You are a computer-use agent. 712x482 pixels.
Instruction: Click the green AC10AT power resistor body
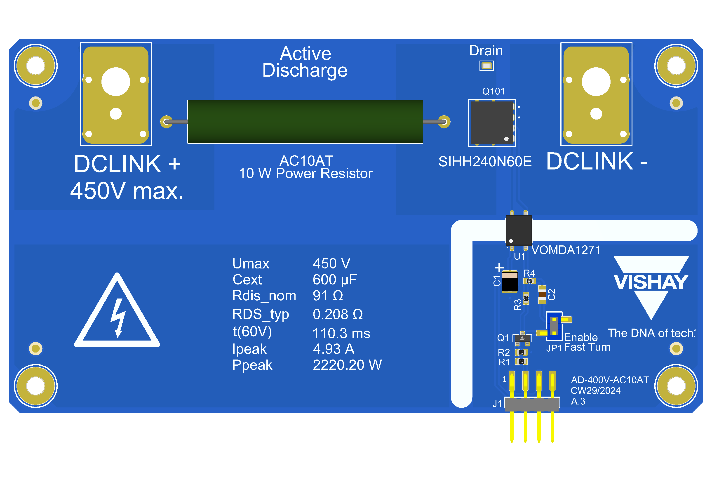(305, 122)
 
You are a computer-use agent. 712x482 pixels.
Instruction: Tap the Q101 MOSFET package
(492, 122)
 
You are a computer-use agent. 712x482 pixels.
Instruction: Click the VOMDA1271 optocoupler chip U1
(518, 230)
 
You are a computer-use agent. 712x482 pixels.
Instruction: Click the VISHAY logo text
(651, 282)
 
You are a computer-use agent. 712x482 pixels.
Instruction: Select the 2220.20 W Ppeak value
(347, 365)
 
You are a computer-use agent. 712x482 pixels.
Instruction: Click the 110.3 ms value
(341, 333)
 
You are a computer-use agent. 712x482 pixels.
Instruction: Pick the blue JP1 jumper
(554, 326)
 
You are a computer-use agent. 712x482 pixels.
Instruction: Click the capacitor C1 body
(510, 282)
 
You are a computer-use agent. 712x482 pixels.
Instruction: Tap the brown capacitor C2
(542, 295)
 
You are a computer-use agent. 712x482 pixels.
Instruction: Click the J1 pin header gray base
(532, 404)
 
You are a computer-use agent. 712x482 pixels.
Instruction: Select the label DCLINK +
(127, 164)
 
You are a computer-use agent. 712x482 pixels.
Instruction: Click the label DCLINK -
(597, 162)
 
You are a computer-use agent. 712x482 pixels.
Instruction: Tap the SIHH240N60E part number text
(485, 162)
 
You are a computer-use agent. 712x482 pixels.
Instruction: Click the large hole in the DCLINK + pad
(116, 82)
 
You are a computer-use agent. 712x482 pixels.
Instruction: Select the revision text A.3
(578, 401)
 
